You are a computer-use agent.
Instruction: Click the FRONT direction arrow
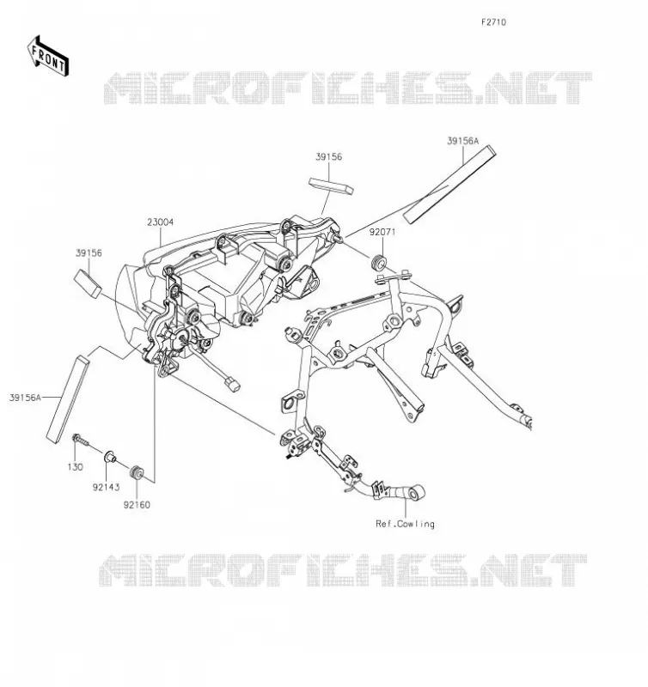click(48, 56)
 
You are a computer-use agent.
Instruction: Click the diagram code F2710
click(493, 22)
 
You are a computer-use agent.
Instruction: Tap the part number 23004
click(160, 222)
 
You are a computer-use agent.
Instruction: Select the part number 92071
click(382, 232)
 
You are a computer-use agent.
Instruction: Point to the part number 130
click(75, 467)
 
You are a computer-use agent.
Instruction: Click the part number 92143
click(106, 487)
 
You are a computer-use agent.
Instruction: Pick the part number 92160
click(137, 505)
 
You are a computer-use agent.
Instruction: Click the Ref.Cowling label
click(405, 524)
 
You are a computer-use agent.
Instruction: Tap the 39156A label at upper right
click(463, 141)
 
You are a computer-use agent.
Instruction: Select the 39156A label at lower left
click(25, 398)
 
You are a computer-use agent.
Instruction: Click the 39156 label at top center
click(329, 157)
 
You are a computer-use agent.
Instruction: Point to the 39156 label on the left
click(89, 253)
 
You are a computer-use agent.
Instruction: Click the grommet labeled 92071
click(379, 262)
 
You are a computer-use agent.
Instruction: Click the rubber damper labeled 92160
click(137, 472)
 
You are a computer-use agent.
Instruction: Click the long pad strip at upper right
click(449, 185)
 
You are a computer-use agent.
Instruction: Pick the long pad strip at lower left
click(68, 400)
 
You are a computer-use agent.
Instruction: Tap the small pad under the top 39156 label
click(331, 185)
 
